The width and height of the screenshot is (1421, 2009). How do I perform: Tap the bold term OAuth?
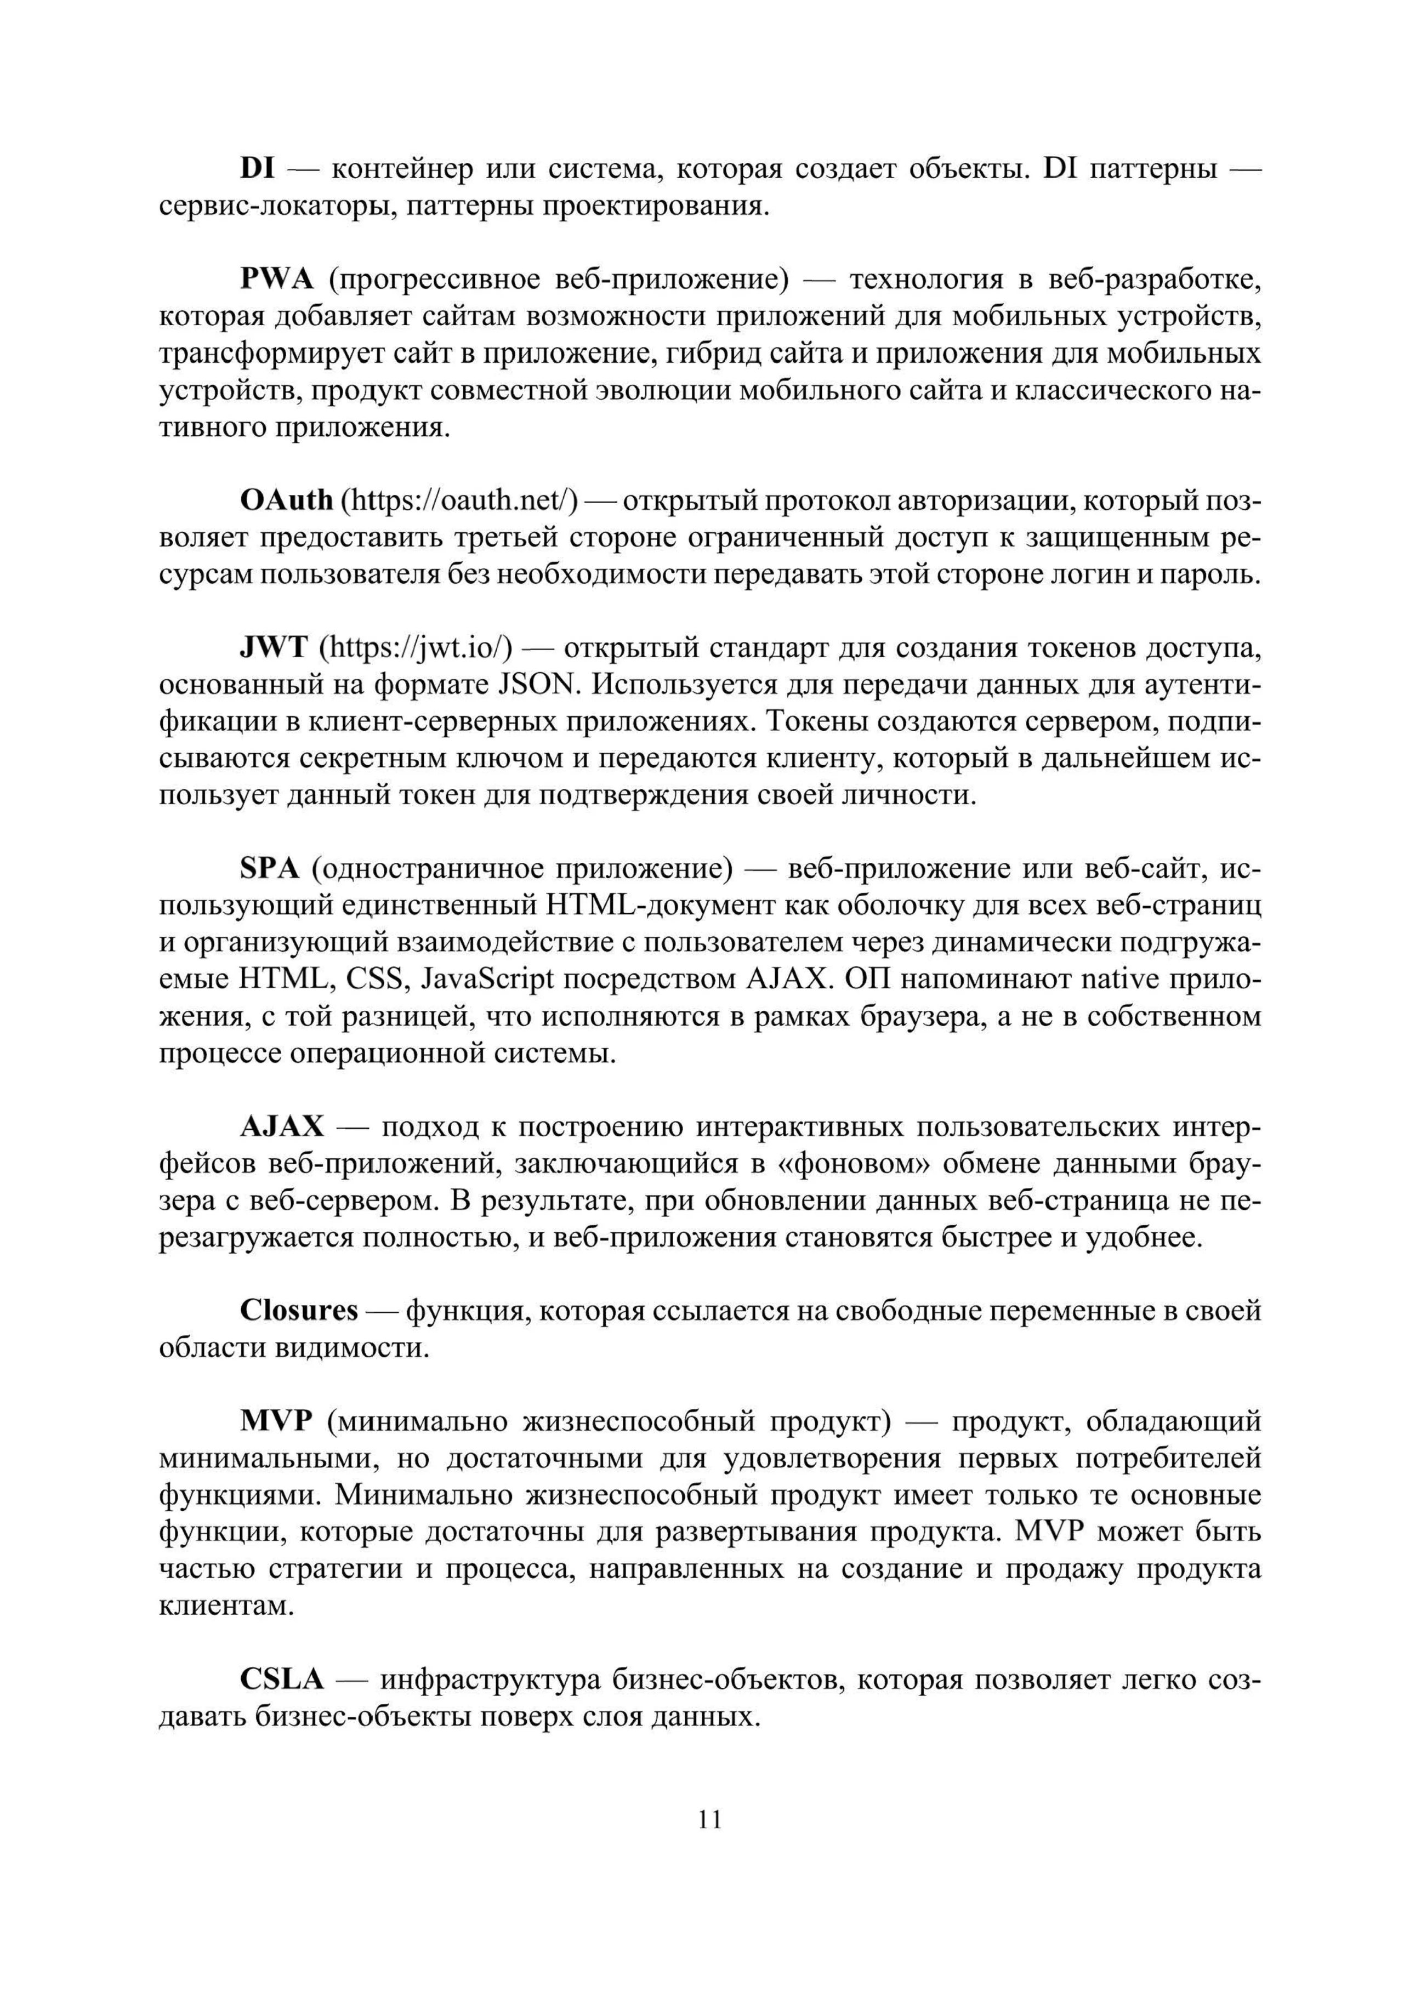pyautogui.click(x=286, y=500)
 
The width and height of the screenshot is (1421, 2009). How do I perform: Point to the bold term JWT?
pyautogui.click(x=273, y=647)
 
